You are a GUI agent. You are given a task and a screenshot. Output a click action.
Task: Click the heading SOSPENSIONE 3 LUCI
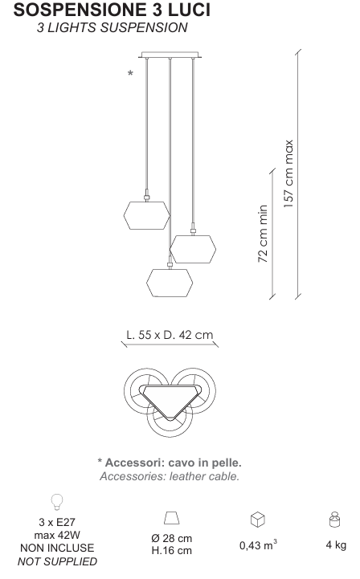tap(112, 10)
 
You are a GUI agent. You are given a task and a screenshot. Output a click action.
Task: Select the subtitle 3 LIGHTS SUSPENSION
tap(112, 27)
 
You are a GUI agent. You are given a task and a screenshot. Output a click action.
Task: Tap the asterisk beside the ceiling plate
tap(130, 73)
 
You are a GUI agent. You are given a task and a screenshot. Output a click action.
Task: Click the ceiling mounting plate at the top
tap(170, 55)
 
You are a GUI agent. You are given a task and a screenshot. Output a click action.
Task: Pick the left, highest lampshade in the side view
tap(147, 215)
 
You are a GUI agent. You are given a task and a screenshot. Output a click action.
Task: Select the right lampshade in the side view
tap(193, 249)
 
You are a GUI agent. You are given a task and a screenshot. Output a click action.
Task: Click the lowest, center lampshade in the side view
tap(170, 283)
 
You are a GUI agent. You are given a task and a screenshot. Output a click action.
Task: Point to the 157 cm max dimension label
tap(288, 173)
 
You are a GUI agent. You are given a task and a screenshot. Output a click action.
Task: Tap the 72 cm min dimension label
tap(263, 234)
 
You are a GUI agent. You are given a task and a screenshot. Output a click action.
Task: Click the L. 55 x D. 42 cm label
tap(170, 335)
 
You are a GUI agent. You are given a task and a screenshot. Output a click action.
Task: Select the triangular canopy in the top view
tap(171, 402)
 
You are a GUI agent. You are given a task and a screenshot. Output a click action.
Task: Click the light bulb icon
tap(57, 502)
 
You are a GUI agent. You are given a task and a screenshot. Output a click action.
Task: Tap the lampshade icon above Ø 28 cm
tap(171, 518)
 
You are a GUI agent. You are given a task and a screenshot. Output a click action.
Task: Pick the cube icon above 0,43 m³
tap(258, 520)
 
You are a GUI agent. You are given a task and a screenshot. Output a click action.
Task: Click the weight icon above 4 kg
tap(334, 520)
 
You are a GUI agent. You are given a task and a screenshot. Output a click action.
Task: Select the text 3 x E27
tap(57, 522)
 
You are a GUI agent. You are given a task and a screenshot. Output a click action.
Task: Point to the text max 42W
tap(57, 535)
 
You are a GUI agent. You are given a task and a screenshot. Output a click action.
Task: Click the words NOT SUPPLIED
tap(57, 561)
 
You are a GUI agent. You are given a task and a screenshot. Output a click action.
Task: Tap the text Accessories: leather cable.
tap(170, 476)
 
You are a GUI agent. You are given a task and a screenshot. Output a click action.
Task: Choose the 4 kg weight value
tap(336, 545)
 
